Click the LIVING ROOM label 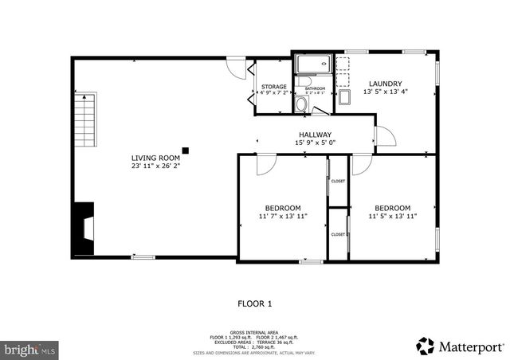click(156, 158)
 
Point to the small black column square click(185, 149)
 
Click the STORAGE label click(274, 86)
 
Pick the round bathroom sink click(302, 104)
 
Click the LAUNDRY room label click(384, 84)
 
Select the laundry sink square click(344, 98)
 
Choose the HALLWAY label click(315, 135)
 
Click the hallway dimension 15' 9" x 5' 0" click(315, 143)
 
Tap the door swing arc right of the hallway click(385, 137)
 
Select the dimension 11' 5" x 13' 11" click(392, 216)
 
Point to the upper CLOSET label click(338, 182)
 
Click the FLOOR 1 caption click(255, 303)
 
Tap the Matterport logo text click(470, 346)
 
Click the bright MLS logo click(30, 349)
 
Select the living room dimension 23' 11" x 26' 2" click(156, 166)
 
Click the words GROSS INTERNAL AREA click(255, 331)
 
